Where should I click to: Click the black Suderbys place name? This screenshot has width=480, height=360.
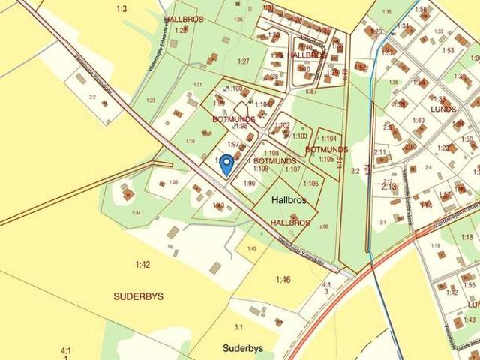point(242,349)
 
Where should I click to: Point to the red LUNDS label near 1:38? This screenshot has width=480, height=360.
point(443,109)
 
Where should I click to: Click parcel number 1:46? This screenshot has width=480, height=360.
point(283,280)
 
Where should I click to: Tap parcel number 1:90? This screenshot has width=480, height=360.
point(249,183)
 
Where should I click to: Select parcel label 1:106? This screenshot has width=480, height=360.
point(310,184)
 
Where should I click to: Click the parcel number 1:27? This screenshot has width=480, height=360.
point(242,61)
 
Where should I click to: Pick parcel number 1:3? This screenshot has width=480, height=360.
point(121,9)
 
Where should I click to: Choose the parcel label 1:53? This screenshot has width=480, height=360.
point(448,51)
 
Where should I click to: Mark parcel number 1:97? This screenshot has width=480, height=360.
point(233,144)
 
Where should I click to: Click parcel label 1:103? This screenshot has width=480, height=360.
point(299,136)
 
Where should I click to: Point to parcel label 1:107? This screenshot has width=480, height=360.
point(292,169)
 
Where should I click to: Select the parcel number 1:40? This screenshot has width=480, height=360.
point(418,120)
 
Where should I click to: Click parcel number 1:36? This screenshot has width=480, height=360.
point(173,182)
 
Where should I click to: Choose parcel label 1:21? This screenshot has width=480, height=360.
point(198,85)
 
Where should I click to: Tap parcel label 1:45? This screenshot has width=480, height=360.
point(252,248)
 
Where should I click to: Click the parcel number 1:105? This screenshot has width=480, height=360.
point(325,159)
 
